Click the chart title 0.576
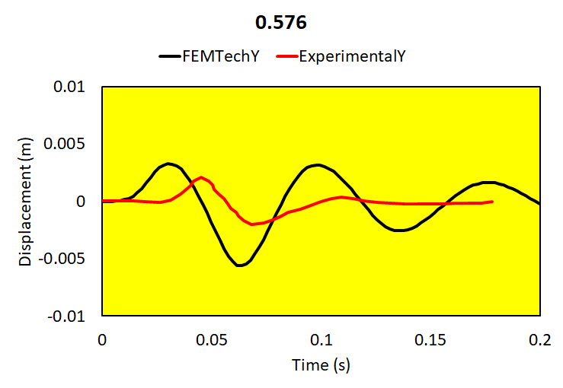[281, 23]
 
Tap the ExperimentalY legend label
[350, 56]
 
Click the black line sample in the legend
[168, 56]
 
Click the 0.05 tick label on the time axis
[212, 338]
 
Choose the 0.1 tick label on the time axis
[321, 338]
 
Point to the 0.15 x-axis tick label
[431, 338]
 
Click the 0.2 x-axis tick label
[540, 338]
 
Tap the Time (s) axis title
[321, 366]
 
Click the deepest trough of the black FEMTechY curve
[239, 265]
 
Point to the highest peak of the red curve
[201, 177]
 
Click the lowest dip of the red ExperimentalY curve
[253, 224]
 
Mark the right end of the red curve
[492, 202]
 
